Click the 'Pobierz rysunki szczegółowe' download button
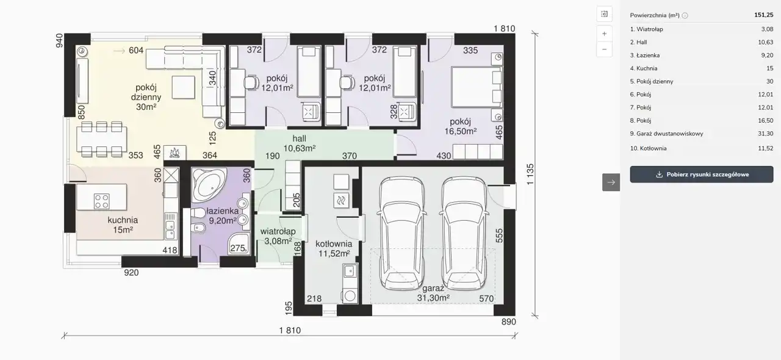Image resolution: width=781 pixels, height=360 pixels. [x=702, y=175]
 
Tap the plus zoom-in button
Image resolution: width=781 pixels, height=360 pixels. [x=604, y=34]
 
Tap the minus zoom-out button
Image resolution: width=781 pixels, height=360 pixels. [x=604, y=49]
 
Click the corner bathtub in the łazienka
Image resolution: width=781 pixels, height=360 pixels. [x=209, y=184]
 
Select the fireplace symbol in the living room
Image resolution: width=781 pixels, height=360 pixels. [x=175, y=153]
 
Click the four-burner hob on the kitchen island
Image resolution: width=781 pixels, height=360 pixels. [x=102, y=201]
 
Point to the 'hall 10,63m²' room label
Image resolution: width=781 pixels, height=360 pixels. [x=300, y=143]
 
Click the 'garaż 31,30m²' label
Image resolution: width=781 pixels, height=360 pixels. [x=433, y=293]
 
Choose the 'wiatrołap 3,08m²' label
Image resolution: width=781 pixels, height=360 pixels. [x=278, y=236]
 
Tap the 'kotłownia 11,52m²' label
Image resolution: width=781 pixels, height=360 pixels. [x=334, y=249]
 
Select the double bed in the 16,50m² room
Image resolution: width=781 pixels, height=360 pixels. [x=477, y=87]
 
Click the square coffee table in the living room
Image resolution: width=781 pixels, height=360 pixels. [x=184, y=87]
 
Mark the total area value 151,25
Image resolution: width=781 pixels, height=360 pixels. [x=763, y=15]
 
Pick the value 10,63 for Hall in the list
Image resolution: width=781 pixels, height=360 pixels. [x=765, y=42]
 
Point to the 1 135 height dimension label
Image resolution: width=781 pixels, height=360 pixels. [x=530, y=174]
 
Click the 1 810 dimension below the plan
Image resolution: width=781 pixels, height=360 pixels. [x=290, y=330]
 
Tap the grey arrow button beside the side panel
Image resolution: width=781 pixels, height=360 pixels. [x=611, y=182]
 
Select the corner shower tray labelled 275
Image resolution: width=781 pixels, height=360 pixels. [x=239, y=244]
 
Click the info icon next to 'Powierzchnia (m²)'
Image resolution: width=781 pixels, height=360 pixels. [x=685, y=15]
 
